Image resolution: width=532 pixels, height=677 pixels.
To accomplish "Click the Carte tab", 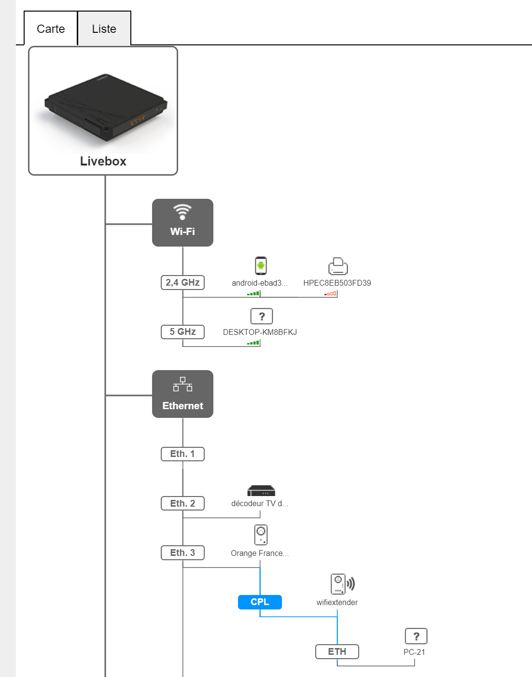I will point(51,29).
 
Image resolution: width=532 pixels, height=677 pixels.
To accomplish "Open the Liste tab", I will point(104,29).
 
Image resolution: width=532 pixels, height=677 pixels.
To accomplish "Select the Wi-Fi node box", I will point(182,223).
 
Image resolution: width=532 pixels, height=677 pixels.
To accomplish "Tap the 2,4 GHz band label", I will point(182,283).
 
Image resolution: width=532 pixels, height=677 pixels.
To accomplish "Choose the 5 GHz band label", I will point(182,332).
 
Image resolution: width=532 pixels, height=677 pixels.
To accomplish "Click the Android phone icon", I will point(261,265).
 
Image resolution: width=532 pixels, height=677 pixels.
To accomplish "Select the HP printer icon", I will point(338,266).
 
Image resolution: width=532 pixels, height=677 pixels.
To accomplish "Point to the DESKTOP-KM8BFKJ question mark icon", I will point(262,317).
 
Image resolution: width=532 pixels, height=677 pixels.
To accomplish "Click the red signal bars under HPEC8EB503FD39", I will point(331,293).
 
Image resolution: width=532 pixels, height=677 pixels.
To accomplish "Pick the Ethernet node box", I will point(182,394).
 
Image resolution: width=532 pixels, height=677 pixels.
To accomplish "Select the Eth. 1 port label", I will point(182,454).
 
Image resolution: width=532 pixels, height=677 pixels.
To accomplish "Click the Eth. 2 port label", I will point(182,503).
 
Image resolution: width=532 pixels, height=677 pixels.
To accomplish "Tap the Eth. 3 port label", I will point(182,553).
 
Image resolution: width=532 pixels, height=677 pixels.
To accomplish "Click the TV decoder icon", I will point(261,491).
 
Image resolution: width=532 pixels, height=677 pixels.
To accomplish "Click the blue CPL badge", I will point(260,602).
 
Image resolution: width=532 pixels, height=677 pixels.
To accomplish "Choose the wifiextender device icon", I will point(342,584).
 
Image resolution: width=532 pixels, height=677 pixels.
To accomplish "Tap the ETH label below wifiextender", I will point(337,652).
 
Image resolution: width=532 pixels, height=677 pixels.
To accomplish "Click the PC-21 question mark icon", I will point(416,636).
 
